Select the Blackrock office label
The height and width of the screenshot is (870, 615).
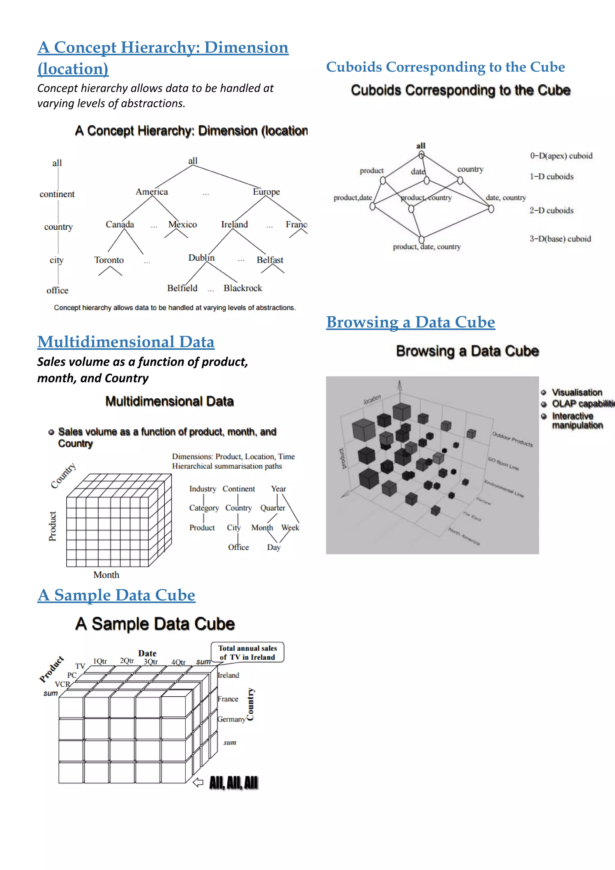[243, 288]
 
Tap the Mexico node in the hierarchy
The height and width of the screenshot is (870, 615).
[183, 224]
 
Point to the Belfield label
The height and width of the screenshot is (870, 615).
[182, 288]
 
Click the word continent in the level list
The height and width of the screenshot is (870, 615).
[57, 194]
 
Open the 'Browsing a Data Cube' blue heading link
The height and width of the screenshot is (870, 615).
[411, 322]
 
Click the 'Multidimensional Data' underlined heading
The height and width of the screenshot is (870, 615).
[126, 342]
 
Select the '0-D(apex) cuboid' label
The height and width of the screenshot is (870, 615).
[561, 156]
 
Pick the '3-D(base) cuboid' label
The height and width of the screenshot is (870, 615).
[560, 239]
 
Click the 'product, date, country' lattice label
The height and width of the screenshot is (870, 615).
[427, 247]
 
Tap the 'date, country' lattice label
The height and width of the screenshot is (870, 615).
[506, 197]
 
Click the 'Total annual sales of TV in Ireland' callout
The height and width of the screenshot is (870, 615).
[247, 652]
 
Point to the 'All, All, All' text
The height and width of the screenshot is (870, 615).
[234, 783]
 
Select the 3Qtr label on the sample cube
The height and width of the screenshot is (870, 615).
[151, 662]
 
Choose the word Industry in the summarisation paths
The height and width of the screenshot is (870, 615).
[203, 489]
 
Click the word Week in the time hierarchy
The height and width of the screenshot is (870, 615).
[290, 528]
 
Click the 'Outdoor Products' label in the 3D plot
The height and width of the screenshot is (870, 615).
[512, 439]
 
